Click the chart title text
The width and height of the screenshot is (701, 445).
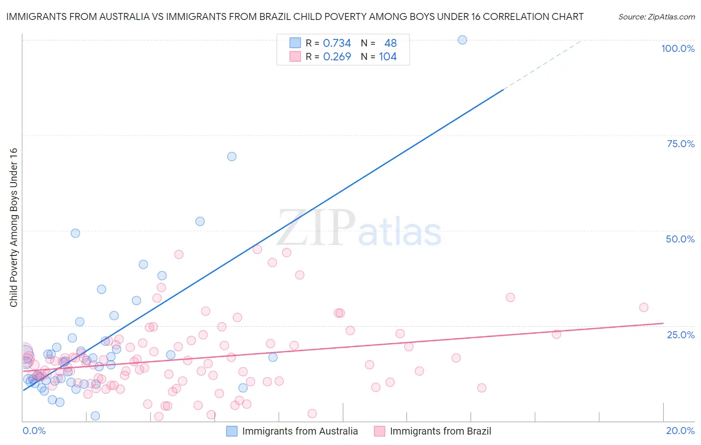[295, 16]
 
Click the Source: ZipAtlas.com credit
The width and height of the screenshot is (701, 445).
[656, 16]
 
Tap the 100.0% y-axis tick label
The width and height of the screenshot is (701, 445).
[678, 48]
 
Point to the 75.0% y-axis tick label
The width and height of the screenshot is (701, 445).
[681, 144]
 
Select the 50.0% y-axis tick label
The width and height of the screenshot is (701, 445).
[680, 239]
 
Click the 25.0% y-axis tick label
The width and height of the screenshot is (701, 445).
[681, 335]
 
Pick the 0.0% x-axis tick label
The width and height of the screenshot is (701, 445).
[34, 431]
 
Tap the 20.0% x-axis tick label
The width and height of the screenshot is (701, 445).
[680, 431]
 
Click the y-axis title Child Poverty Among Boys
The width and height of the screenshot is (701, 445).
[13, 227]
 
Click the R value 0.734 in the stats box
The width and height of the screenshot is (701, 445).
[337, 43]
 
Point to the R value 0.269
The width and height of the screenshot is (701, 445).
[337, 56]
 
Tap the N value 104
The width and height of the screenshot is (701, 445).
[388, 56]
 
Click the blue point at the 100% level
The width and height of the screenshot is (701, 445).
[462, 40]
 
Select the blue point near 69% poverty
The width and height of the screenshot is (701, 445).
[232, 156]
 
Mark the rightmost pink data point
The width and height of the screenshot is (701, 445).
[644, 307]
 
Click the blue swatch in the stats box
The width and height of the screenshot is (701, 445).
[295, 43]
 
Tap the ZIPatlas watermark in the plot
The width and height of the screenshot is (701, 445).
[359, 228]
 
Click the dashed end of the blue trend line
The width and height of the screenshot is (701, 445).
[543, 64]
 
